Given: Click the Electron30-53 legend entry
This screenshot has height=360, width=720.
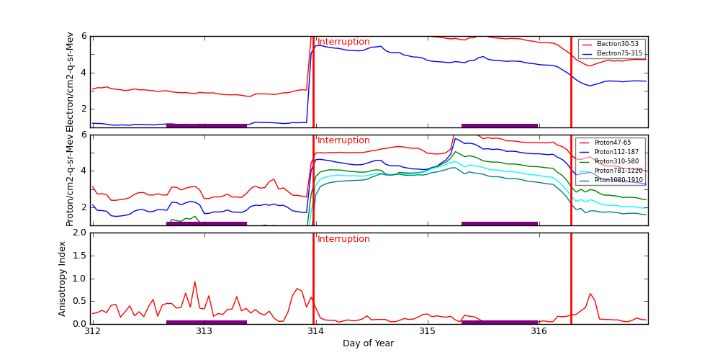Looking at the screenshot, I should (x=617, y=45).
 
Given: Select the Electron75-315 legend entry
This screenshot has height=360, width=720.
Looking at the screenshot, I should (x=618, y=53).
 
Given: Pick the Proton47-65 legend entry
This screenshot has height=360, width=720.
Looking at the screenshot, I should (x=612, y=143).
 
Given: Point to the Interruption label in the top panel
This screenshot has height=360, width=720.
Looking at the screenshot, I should (x=343, y=42).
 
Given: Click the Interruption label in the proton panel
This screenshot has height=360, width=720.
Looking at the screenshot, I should (x=343, y=141).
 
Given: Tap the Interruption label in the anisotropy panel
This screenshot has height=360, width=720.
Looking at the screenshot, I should (x=343, y=240).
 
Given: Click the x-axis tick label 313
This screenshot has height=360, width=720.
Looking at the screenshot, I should (x=204, y=331).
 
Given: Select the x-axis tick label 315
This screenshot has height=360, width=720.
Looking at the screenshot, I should (x=427, y=331).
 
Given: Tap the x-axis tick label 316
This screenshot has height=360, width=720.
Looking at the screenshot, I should (x=539, y=331).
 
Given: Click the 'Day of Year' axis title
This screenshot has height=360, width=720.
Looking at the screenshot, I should (x=368, y=343).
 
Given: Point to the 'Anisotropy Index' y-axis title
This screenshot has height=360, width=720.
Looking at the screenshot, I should (x=63, y=278).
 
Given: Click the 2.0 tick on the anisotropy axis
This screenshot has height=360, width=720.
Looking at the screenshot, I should (x=79, y=233).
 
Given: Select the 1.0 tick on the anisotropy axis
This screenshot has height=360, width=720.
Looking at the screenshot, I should (x=79, y=279).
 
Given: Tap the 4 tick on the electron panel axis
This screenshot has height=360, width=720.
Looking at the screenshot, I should (x=84, y=72).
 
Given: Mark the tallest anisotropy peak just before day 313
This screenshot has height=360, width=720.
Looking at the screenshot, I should (x=194, y=282).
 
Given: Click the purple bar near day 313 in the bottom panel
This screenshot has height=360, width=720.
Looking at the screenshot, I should (x=207, y=322).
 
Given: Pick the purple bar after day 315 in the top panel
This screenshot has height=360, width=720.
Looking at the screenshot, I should (x=500, y=125).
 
